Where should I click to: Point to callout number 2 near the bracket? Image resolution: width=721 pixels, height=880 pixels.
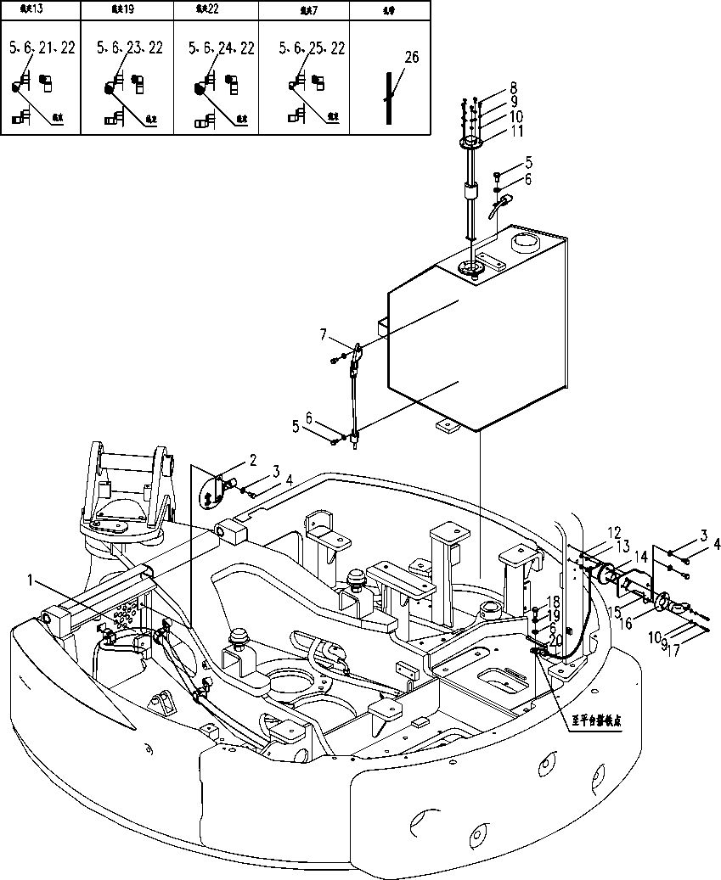point(253,460)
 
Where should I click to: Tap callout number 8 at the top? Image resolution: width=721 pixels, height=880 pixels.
point(513,87)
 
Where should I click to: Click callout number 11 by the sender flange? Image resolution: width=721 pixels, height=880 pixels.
point(516,132)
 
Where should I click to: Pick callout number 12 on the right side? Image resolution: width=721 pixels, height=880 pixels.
point(614,533)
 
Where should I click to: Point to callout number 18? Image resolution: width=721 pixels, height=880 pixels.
point(554,603)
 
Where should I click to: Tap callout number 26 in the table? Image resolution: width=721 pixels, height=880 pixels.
point(412,57)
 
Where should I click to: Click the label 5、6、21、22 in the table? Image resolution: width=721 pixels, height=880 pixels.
point(42,48)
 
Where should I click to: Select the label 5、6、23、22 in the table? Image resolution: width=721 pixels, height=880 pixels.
point(129,48)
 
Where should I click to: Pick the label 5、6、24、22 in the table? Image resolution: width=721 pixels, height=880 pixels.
point(221,48)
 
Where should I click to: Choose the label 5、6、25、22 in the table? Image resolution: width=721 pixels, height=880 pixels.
point(312,48)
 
